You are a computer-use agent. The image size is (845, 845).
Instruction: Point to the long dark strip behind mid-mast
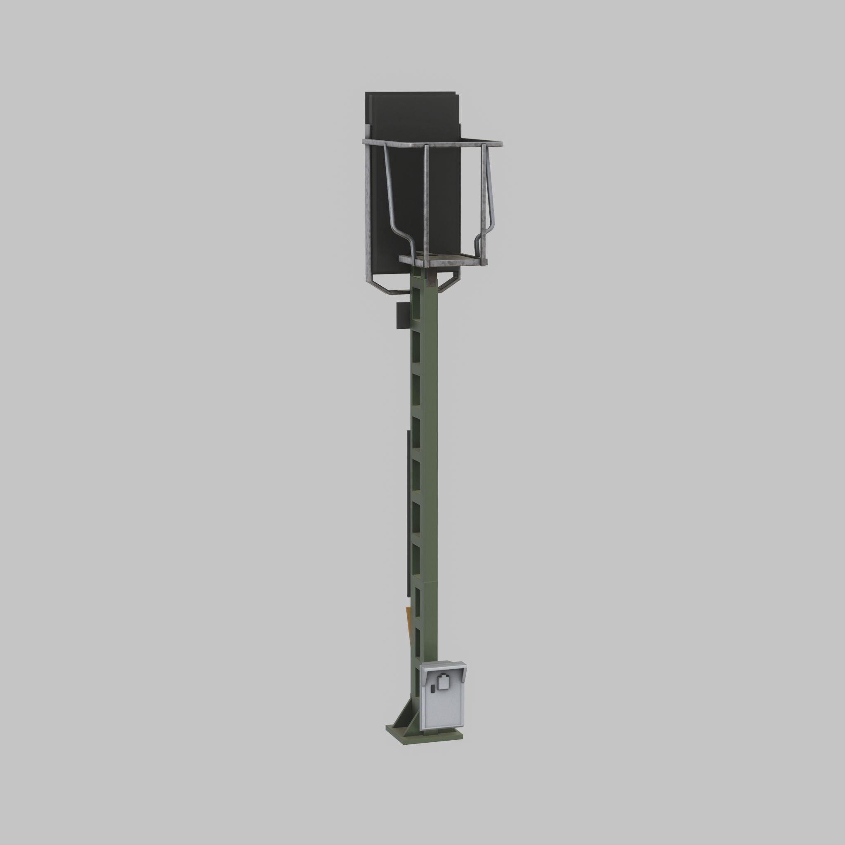coord(408,512)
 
